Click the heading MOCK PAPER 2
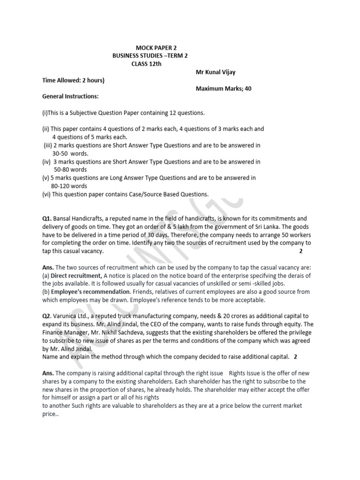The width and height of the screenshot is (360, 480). [x=156, y=47]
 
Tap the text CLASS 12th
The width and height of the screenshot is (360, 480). [x=146, y=64]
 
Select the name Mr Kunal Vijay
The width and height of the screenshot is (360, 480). [x=215, y=72]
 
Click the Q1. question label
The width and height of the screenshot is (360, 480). [x=47, y=218]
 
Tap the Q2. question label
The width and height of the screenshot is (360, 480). [x=47, y=316]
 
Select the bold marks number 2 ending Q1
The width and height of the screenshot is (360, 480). [x=300, y=251]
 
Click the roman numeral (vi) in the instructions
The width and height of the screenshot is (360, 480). [x=46, y=194]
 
